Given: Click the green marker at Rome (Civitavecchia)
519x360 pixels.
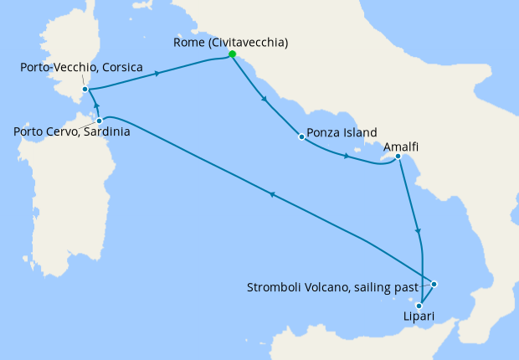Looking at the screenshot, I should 232,54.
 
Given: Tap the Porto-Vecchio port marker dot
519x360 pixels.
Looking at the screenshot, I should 85,90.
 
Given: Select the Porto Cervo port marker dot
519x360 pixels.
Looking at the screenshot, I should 100,121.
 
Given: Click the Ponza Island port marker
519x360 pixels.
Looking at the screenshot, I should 301,136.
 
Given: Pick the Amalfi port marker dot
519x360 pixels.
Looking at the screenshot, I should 398,157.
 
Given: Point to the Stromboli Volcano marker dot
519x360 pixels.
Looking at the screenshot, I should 434,285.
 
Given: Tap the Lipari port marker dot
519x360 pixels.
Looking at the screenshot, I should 419,306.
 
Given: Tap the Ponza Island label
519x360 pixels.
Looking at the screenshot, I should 342,132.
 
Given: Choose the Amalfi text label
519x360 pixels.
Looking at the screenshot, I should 401,146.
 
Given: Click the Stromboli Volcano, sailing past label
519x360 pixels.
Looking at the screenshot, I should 332,287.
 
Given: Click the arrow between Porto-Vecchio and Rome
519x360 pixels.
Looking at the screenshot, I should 157,74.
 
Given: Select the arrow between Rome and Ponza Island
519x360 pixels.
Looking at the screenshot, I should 265,100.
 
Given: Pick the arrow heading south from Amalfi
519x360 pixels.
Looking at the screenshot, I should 417,231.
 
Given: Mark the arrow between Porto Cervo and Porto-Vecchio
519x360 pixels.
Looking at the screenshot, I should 96,106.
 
